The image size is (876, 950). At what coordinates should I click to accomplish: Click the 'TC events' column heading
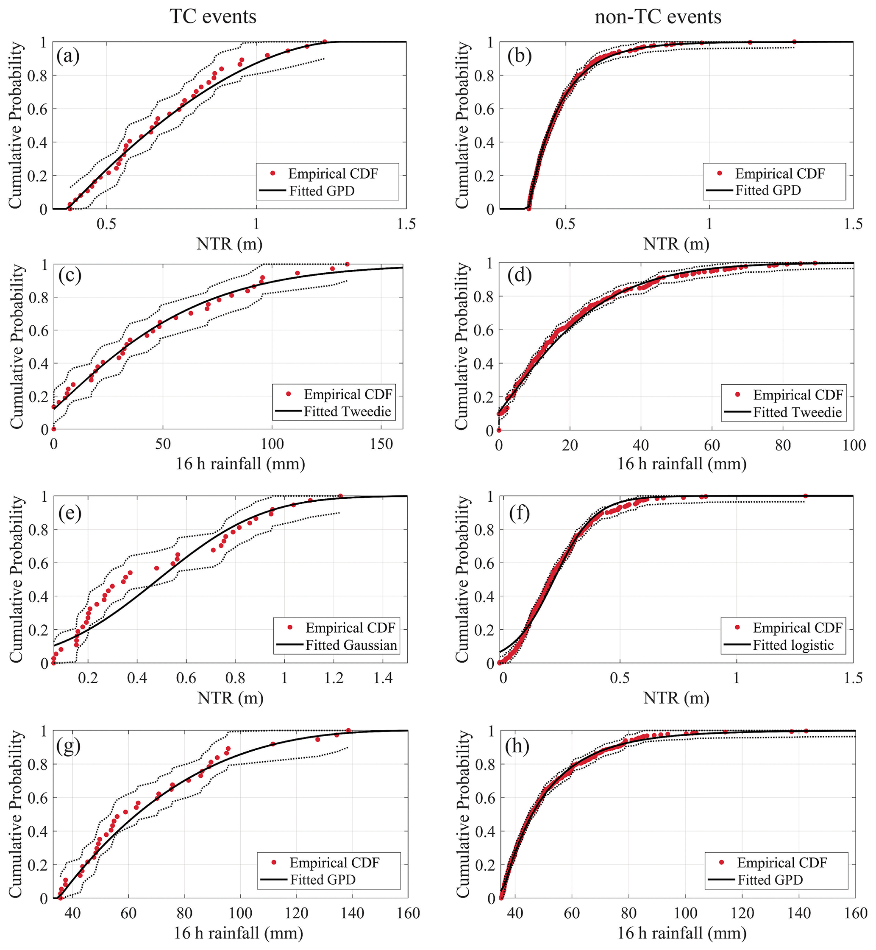point(213,17)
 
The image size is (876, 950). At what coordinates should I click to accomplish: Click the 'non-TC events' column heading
point(658,17)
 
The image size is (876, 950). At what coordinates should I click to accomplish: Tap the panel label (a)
point(68,56)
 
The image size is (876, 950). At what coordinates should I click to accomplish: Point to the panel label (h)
point(517,746)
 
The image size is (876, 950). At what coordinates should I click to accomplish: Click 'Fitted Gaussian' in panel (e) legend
point(351,645)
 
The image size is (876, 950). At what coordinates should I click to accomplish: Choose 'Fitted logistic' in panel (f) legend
point(793,645)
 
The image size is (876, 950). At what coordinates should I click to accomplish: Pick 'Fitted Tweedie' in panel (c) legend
point(347,411)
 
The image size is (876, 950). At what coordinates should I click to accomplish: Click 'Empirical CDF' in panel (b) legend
point(779,173)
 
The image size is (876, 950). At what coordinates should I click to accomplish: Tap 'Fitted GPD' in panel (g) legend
point(323,880)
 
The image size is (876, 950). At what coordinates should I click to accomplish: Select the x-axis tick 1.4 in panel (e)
point(383,678)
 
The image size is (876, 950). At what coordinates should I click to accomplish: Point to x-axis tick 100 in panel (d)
point(854,445)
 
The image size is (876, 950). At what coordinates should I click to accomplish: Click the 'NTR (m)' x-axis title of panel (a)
point(229,244)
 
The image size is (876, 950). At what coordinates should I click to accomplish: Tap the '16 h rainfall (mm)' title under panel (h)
point(681,933)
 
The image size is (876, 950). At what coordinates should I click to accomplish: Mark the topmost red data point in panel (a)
point(325,42)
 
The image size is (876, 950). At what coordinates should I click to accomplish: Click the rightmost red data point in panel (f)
point(805,496)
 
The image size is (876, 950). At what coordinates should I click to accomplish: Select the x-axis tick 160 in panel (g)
point(408,913)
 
